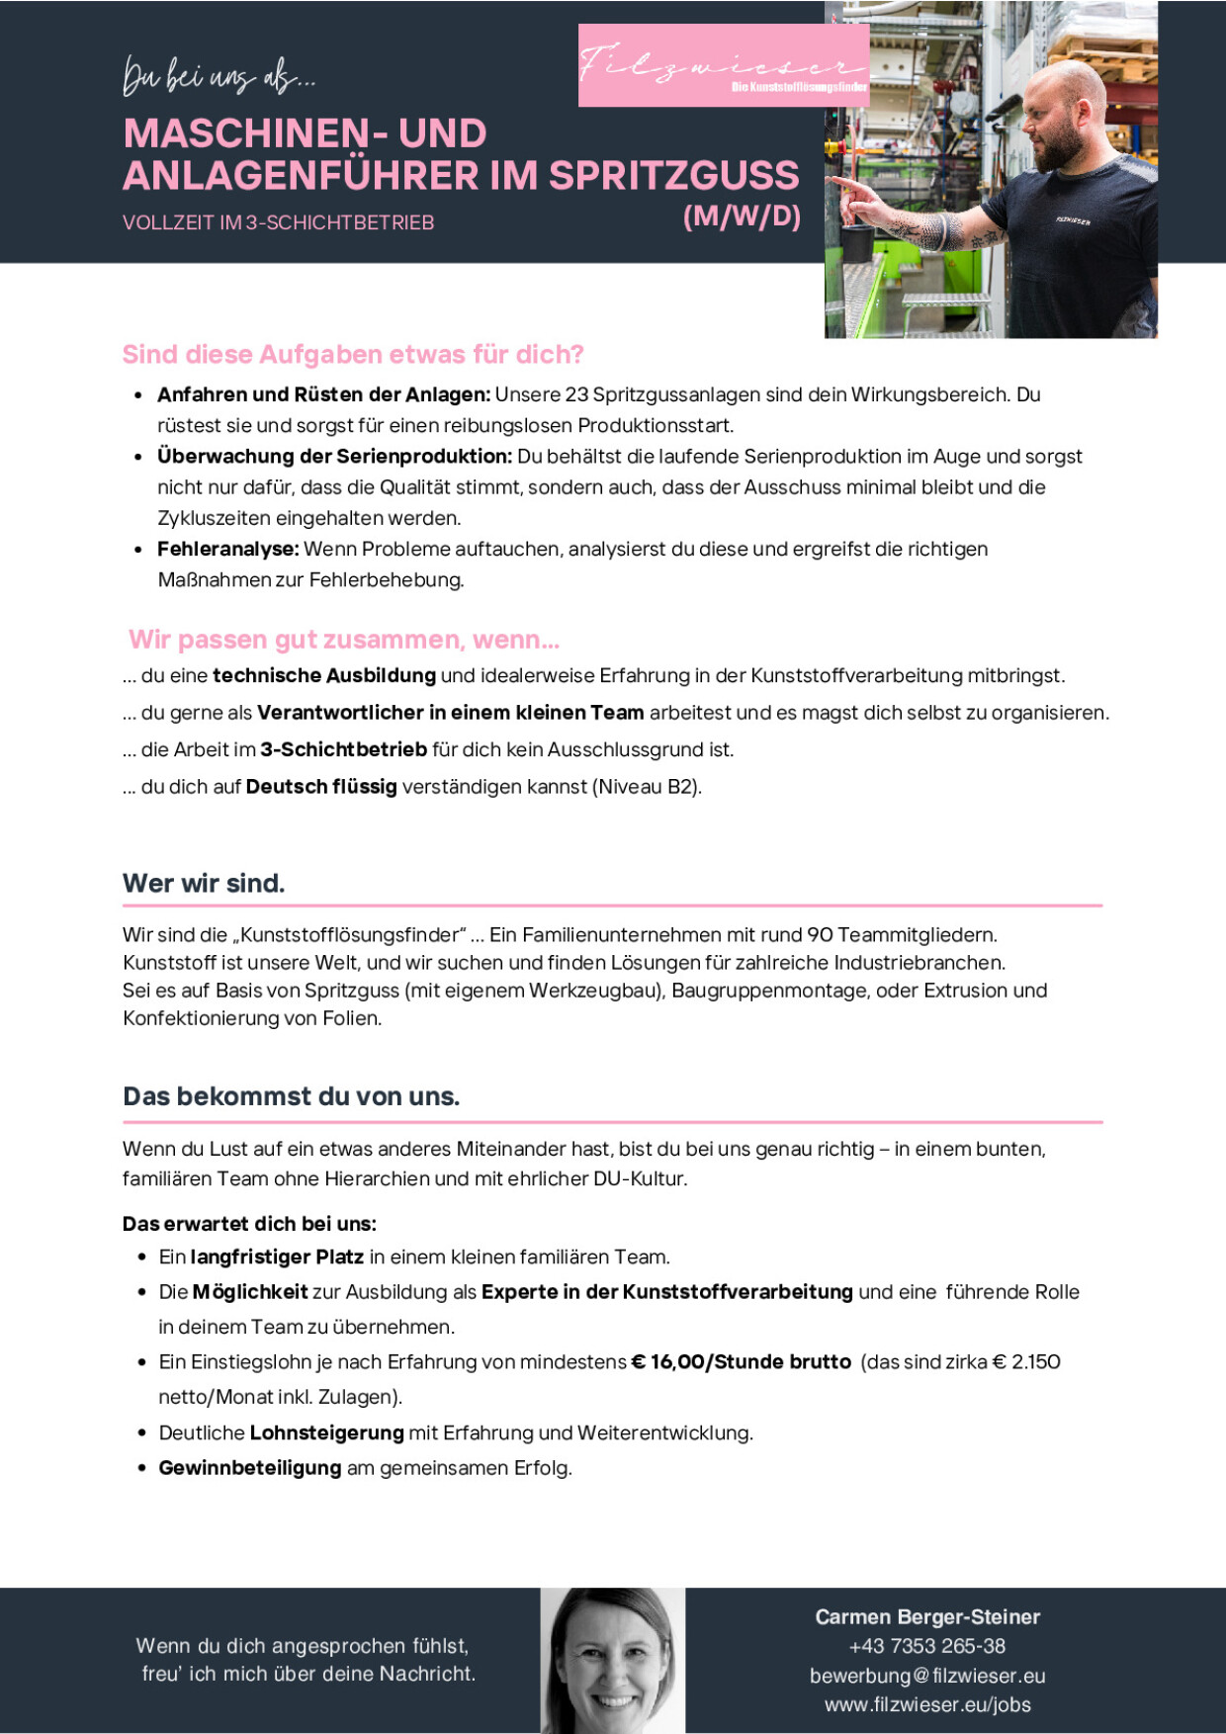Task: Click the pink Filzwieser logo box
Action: [x=723, y=65]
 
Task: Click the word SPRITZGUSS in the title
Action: [x=673, y=176]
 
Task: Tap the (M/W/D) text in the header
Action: [x=742, y=216]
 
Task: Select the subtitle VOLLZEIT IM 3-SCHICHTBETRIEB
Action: [x=278, y=223]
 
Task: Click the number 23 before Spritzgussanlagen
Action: [x=576, y=395]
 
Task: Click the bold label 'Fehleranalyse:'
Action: [x=227, y=550]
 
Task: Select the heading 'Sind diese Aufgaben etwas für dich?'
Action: [x=353, y=355]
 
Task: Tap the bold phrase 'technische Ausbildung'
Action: [x=324, y=676]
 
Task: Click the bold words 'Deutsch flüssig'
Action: [x=321, y=787]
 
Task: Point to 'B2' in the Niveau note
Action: [x=681, y=787]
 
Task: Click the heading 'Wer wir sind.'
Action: [x=204, y=884]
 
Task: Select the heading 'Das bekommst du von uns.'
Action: [x=291, y=1097]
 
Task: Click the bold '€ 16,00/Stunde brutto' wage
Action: [x=741, y=1362]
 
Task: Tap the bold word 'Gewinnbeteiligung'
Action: [x=250, y=1468]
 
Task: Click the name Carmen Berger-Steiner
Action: [x=927, y=1617]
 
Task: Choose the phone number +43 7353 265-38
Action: [x=926, y=1646]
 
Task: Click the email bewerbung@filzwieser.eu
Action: [x=927, y=1676]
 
